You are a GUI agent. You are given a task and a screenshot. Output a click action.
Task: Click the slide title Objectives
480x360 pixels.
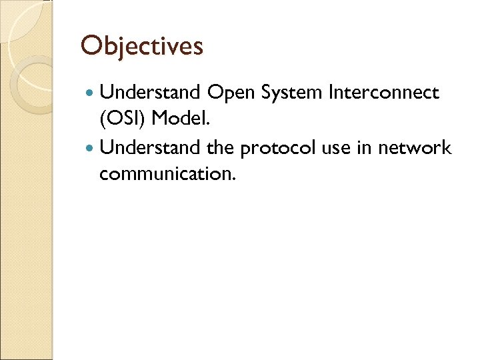[x=141, y=46]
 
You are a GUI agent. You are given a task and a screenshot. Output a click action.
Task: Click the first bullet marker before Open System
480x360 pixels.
[x=90, y=93]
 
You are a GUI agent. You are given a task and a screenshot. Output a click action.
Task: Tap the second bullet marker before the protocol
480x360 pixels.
[x=90, y=148]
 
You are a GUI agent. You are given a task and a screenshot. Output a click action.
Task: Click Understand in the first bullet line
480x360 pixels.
[x=151, y=93]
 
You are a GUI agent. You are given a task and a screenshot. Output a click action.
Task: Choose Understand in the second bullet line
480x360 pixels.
[x=151, y=147]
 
